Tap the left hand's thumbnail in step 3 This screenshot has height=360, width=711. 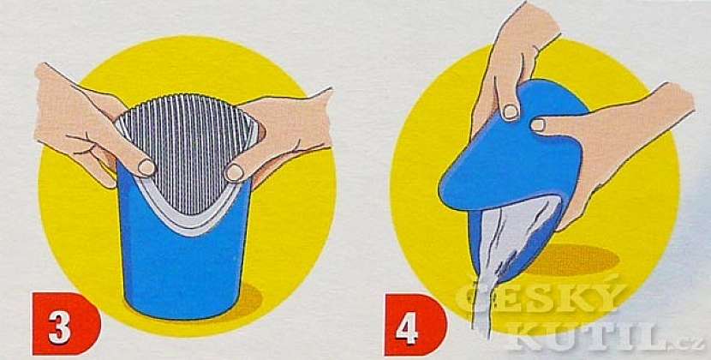[147, 167]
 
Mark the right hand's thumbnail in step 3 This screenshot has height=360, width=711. [233, 172]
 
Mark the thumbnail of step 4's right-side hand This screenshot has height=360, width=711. [539, 125]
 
